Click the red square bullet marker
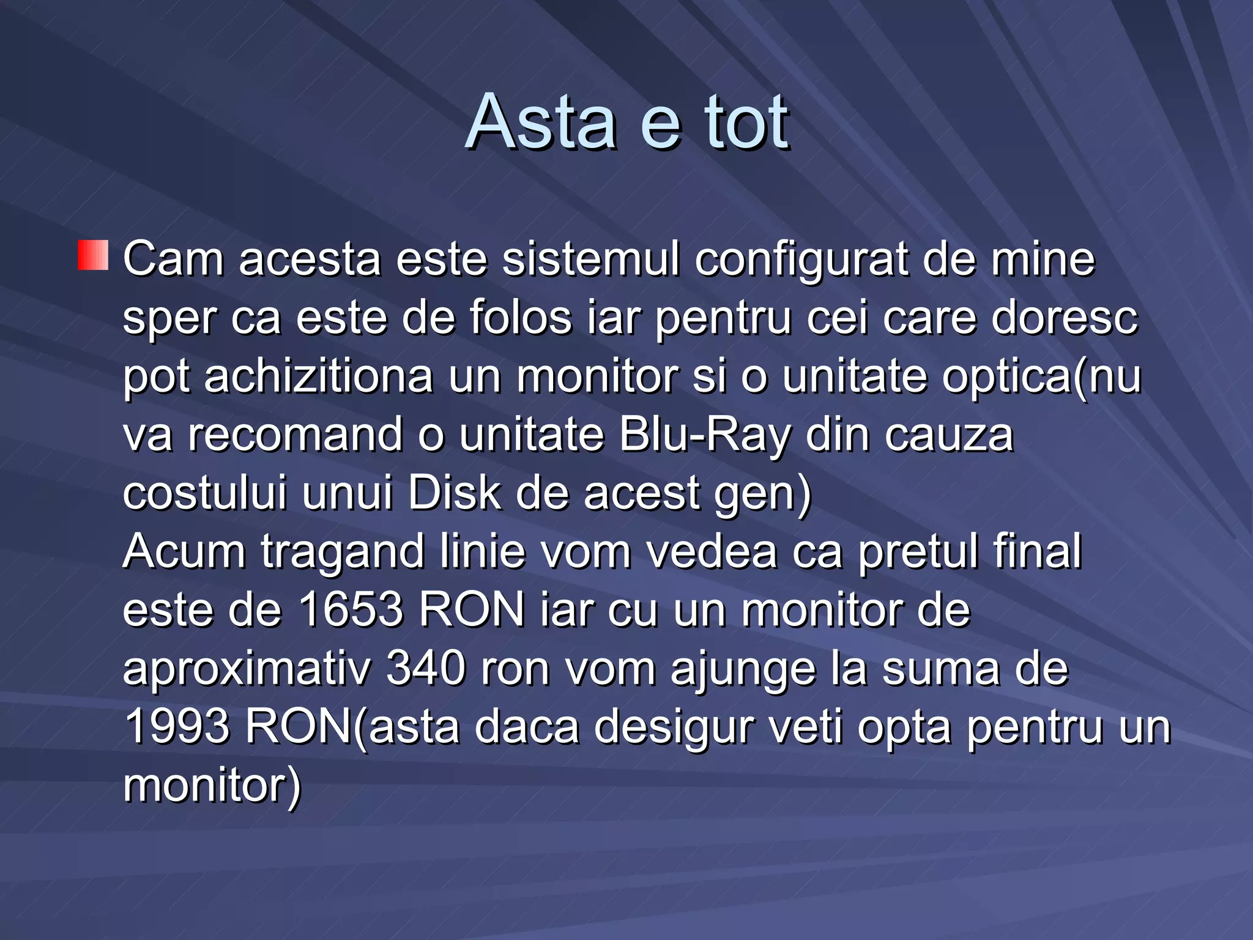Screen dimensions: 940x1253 (93, 255)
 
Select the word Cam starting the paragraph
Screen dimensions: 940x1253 (173, 259)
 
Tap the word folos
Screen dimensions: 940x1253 (520, 318)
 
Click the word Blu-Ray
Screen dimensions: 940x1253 (705, 436)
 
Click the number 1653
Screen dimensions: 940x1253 (351, 610)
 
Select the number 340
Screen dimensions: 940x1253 (426, 668)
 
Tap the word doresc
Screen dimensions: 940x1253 (1064, 318)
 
